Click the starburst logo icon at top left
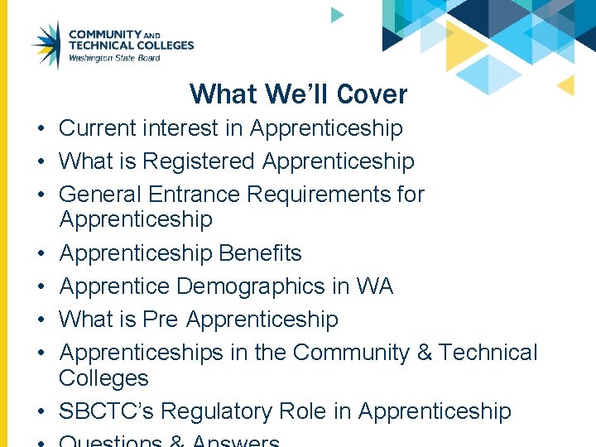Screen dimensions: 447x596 coord(46,45)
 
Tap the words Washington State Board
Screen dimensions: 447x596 coord(114,58)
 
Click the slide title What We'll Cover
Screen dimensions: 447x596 coord(298,94)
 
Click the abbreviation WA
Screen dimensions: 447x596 coord(373,286)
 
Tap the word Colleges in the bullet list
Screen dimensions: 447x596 coord(103,378)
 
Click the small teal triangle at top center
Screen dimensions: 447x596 coord(336,14)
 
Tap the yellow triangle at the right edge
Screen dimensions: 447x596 coord(566,85)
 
